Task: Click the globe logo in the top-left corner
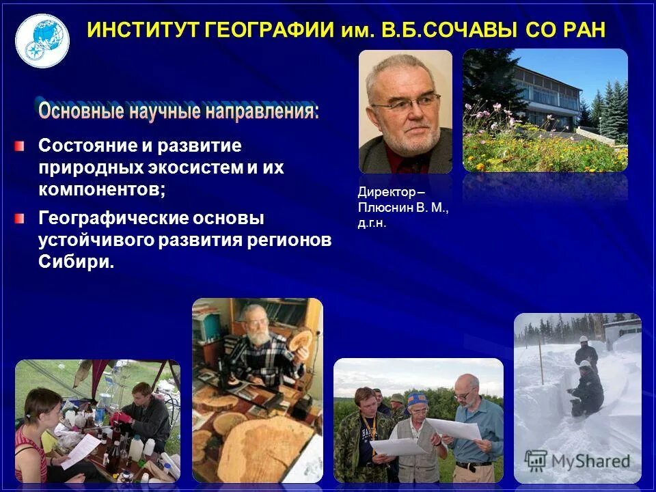pyautogui.click(x=42, y=40)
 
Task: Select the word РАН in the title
pyautogui.click(x=578, y=31)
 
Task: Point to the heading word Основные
pyautogui.click(x=79, y=110)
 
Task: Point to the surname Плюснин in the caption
pyautogui.click(x=385, y=208)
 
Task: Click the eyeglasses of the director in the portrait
pyautogui.click(x=407, y=104)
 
